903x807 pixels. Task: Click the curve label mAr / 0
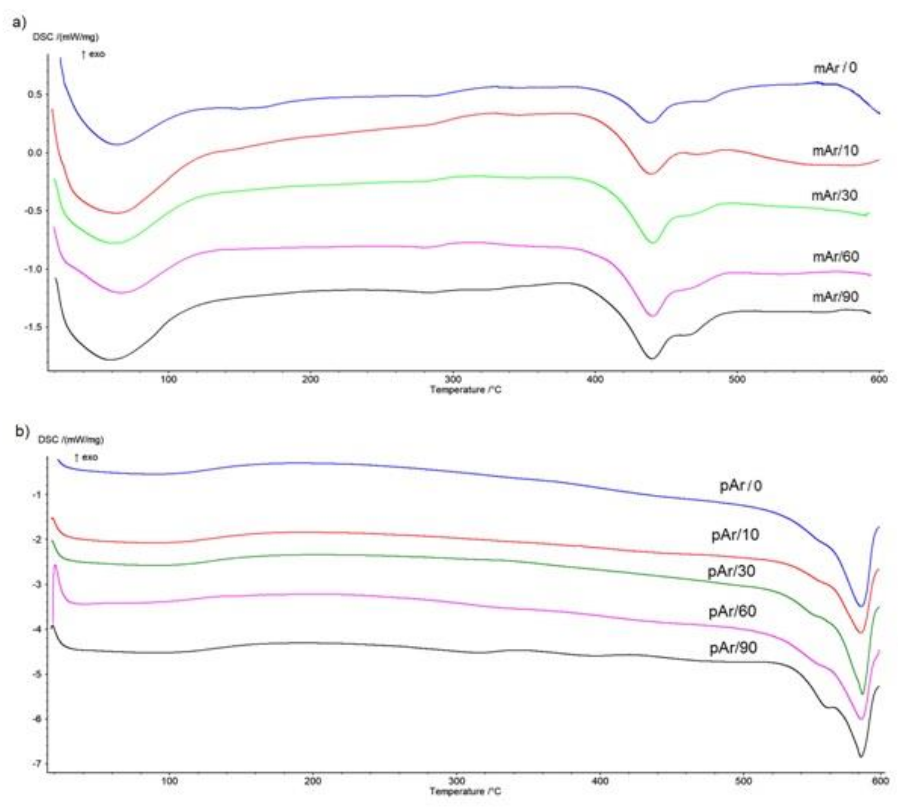coord(835,68)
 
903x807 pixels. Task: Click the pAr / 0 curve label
coord(741,486)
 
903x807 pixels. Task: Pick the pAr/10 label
coord(735,535)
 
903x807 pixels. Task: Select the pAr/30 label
coord(731,571)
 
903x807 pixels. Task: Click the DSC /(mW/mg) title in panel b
coord(71,440)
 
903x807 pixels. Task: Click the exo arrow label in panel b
coord(86,457)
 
